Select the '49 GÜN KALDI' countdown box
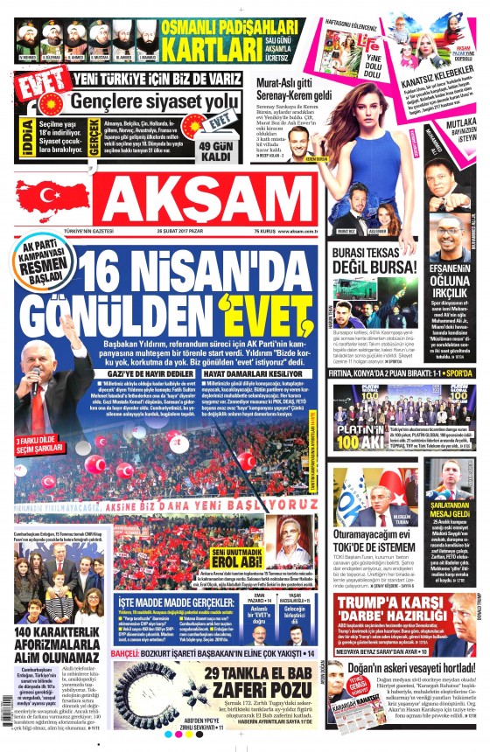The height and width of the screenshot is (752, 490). (215, 149)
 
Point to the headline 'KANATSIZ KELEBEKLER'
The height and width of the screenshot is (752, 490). (437, 80)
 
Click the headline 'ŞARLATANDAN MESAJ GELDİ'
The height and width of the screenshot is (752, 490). (451, 510)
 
